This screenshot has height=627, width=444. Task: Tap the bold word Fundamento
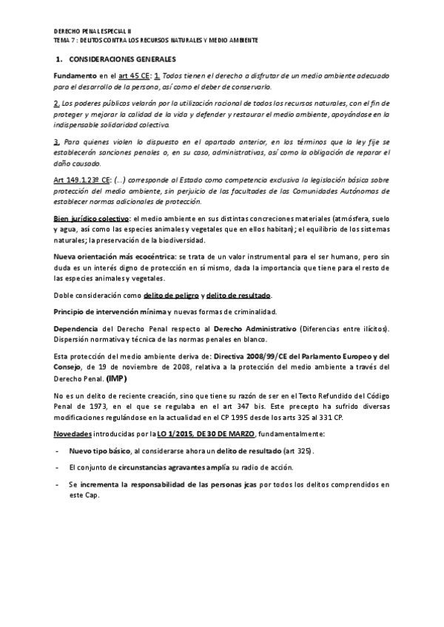(x=76, y=76)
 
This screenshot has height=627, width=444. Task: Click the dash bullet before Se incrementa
(x=58, y=485)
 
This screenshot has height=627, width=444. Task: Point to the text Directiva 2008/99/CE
(x=240, y=356)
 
